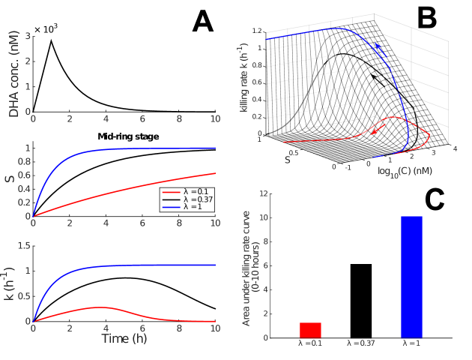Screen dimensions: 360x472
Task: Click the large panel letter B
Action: pos(416,18)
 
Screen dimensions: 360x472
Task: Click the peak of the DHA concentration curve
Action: pos(51,40)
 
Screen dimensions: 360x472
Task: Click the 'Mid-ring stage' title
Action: pos(124,136)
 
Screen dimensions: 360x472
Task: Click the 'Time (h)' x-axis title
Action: pos(124,338)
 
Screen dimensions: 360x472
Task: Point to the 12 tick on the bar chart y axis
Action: pos(264,193)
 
